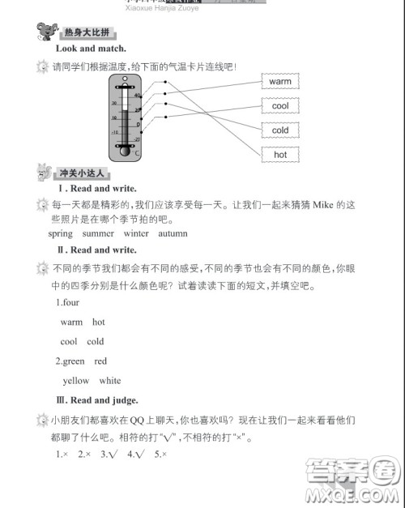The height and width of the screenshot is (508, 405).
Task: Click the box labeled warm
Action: [280, 82]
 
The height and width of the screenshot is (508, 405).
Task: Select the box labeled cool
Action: [280, 106]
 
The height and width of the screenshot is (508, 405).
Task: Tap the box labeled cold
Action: [280, 130]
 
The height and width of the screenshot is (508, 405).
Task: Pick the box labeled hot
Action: [280, 154]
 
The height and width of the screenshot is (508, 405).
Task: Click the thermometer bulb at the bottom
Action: [125, 149]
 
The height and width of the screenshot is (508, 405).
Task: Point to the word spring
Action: [60, 233]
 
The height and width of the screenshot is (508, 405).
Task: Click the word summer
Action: [98, 233]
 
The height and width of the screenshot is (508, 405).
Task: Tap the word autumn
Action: [173, 233]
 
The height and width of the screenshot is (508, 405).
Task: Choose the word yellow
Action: [76, 381]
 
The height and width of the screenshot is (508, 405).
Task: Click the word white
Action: [110, 381]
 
